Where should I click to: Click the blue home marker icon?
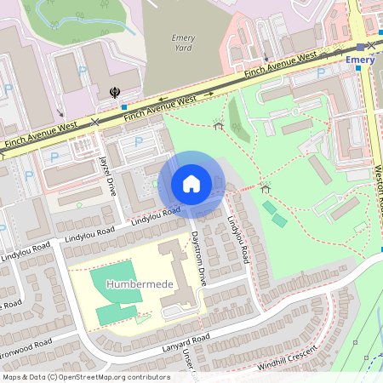[x=191, y=184]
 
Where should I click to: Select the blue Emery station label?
[x=360, y=60]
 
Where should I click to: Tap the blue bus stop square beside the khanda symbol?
[x=124, y=107]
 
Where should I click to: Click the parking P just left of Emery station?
[x=321, y=73]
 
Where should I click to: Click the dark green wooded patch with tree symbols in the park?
[x=238, y=120]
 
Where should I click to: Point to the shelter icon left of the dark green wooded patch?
[x=219, y=126]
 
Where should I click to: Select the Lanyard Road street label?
[x=184, y=344]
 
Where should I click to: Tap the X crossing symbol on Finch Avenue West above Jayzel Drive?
[x=94, y=122]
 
